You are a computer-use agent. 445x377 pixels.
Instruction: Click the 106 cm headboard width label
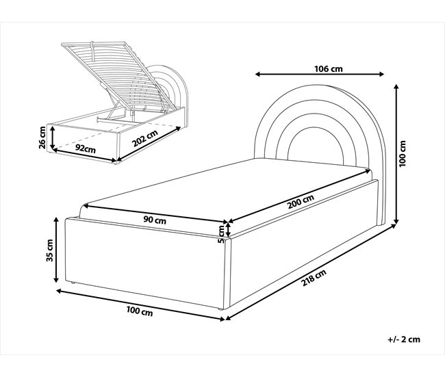[x=329, y=68]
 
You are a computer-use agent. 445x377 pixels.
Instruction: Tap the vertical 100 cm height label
[x=403, y=153]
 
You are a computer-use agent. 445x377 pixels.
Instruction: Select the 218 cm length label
[x=314, y=277]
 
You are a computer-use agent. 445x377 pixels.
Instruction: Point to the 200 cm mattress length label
[x=301, y=202]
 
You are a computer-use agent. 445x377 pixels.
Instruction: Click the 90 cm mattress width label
[x=155, y=220]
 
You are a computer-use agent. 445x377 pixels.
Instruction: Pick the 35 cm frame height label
[x=50, y=250]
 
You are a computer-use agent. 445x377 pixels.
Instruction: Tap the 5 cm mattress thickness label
[x=221, y=234]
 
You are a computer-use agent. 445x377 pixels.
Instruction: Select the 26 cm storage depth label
[x=42, y=138]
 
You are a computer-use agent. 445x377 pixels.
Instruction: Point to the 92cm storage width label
[x=85, y=148]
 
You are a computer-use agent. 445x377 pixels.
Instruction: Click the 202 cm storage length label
[x=145, y=138]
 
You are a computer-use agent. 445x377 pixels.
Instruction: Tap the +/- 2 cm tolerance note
[x=404, y=339]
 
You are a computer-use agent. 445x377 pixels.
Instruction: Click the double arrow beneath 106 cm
[x=320, y=75]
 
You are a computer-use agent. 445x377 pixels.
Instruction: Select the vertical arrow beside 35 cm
[x=56, y=250]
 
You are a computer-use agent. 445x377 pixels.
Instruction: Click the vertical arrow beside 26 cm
[x=52, y=138]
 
